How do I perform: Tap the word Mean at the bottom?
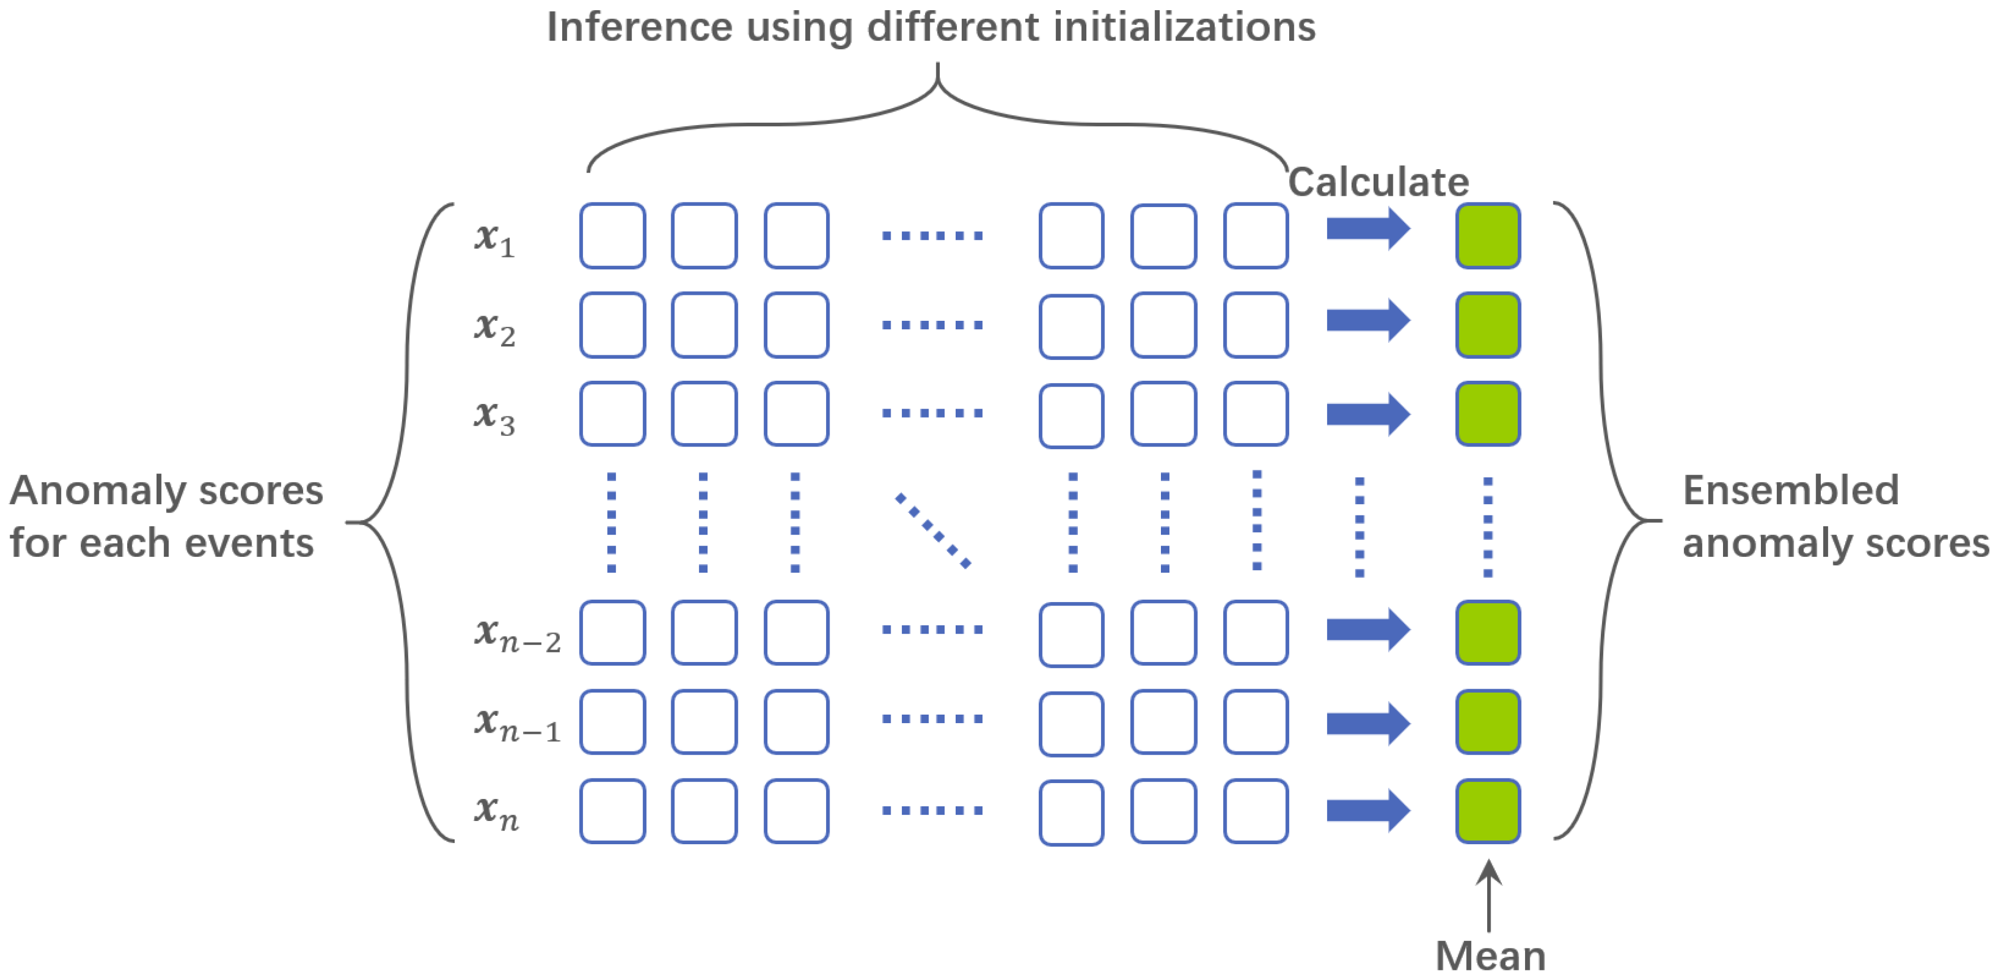click(1490, 956)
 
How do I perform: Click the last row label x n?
click(496, 812)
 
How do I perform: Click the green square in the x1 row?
click(1488, 235)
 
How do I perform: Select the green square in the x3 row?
click(1488, 414)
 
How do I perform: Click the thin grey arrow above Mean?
click(1488, 895)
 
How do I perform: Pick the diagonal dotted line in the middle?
click(932, 531)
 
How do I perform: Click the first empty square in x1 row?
click(612, 235)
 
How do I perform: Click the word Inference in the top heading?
click(640, 27)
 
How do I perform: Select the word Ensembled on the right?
click(1790, 491)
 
